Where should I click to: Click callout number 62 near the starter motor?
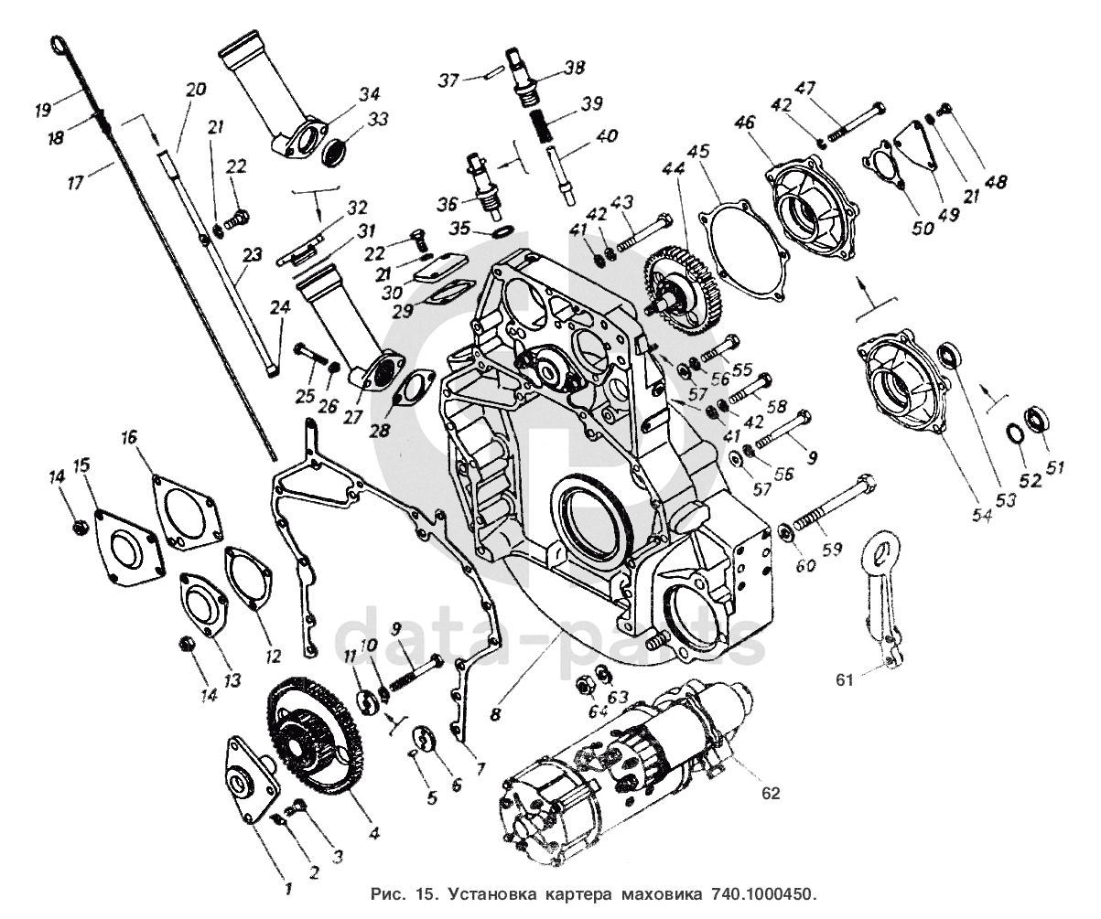tap(771, 794)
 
